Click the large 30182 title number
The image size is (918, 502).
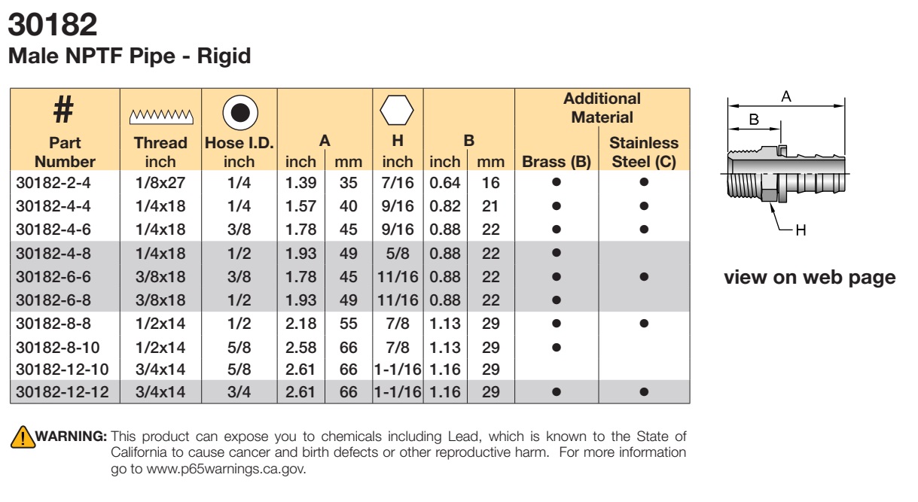53,25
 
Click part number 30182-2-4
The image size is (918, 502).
53,183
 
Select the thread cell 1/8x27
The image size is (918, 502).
160,183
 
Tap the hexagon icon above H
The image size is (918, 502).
397,110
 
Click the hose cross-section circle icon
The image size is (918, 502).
240,113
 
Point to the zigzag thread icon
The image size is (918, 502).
161,117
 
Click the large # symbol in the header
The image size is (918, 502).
63,109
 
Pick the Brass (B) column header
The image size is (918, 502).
556,162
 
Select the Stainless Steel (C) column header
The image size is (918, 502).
644,152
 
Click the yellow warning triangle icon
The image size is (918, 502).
23,437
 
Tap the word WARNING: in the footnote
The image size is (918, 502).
72,436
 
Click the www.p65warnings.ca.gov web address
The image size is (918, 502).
226,469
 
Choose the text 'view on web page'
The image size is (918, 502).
810,278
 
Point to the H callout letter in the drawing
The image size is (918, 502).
801,230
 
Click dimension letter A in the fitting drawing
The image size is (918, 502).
786,96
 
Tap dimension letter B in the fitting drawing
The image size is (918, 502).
754,120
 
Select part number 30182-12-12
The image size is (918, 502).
63,392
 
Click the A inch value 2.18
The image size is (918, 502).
300,324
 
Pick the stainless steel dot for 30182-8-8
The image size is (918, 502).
644,324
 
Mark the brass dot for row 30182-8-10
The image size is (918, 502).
556,347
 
